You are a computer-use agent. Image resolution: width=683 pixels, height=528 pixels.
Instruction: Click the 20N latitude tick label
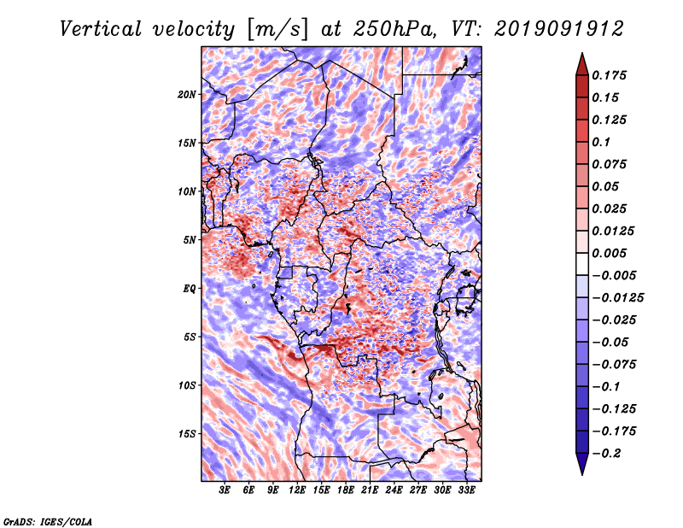pyautogui.click(x=187, y=95)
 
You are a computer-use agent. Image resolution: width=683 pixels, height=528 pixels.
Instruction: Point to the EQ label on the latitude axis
pyautogui.click(x=189, y=289)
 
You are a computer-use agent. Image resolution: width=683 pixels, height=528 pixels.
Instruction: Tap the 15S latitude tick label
pyautogui.click(x=187, y=434)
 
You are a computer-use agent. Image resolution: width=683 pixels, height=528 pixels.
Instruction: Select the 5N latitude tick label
pyautogui.click(x=190, y=240)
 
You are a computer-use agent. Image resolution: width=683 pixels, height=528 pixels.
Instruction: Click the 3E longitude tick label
pyautogui.click(x=225, y=490)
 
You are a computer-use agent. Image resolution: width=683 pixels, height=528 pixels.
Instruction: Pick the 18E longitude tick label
pyautogui.click(x=346, y=490)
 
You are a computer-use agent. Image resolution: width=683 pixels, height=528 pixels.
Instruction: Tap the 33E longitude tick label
pyautogui.click(x=466, y=490)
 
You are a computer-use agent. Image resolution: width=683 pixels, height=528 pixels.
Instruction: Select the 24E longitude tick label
pyautogui.click(x=394, y=490)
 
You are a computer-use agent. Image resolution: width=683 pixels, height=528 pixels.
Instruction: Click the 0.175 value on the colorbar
pyautogui.click(x=609, y=75)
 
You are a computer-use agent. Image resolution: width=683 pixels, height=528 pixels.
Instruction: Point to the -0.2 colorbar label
pyautogui.click(x=606, y=454)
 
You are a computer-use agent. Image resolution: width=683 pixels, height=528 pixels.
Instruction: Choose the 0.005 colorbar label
pyautogui.click(x=609, y=253)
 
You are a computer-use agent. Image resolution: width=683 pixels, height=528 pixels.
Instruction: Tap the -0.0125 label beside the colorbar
pyautogui.click(x=617, y=298)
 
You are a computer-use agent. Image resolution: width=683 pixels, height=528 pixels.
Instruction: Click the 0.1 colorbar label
pyautogui.click(x=601, y=142)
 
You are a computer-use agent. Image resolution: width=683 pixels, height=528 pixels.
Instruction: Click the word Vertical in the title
pyautogui.click(x=101, y=29)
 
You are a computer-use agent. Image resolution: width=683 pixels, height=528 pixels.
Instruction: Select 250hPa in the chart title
pyautogui.click(x=394, y=29)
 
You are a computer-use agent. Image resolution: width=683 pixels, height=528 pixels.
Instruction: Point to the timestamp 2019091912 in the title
pyautogui.click(x=559, y=29)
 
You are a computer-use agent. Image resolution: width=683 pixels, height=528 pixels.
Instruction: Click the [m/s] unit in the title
pyautogui.click(x=277, y=29)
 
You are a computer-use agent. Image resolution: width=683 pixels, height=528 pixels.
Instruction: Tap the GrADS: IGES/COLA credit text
pyautogui.click(x=48, y=521)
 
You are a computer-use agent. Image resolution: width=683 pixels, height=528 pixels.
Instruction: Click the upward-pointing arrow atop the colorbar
pyautogui.click(x=582, y=64)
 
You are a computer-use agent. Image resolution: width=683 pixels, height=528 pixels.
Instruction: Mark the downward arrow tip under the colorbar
pyautogui.click(x=582, y=475)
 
